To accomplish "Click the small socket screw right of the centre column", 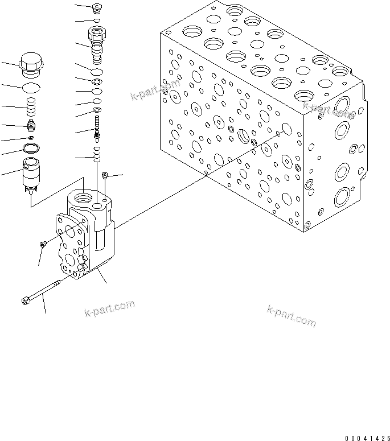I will pyautogui.click(x=105, y=176).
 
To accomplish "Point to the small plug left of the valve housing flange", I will pyautogui.click(x=43, y=244).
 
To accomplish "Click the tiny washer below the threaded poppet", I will pyautogui.click(x=32, y=137).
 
